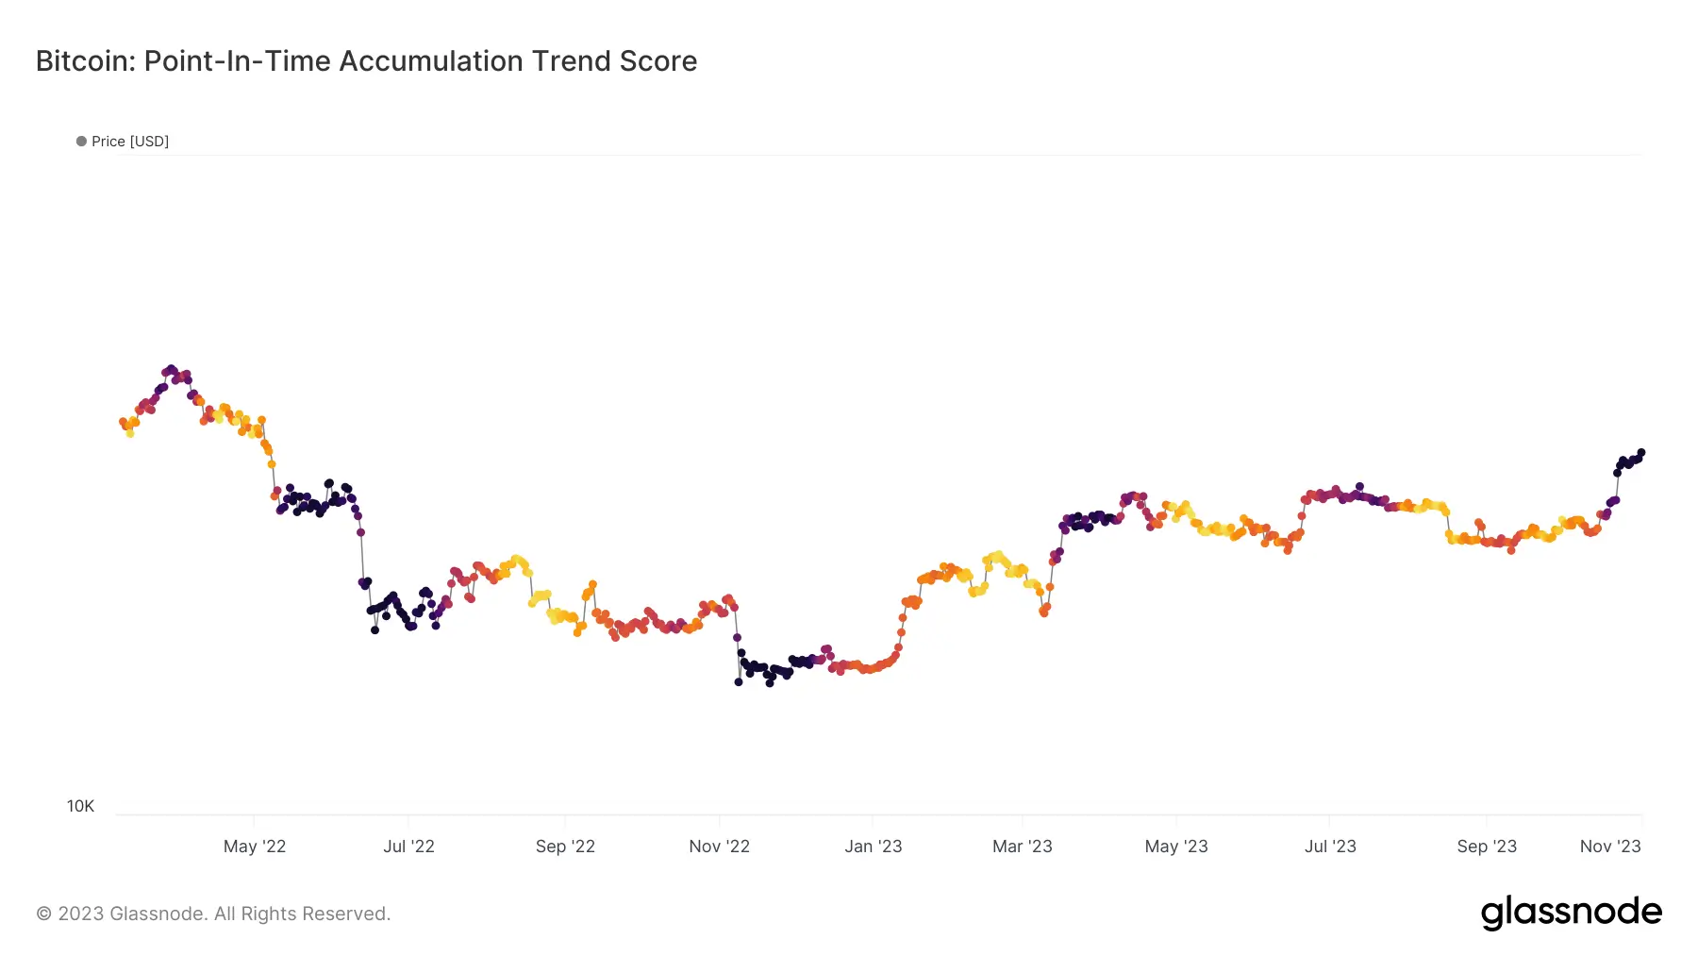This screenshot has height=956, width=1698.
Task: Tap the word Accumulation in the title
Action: (431, 61)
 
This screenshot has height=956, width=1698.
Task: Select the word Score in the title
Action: (658, 61)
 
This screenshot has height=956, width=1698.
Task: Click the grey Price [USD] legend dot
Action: (81, 142)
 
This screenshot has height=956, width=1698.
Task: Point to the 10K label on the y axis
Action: (80, 806)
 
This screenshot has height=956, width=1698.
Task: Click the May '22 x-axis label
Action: (255, 847)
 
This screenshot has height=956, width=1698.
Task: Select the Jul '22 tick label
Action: (408, 847)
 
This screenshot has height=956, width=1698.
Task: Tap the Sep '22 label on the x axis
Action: (565, 847)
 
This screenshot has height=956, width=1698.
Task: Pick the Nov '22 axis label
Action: (719, 847)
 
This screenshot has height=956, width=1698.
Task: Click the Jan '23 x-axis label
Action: (873, 847)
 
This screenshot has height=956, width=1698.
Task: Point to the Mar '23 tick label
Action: (1022, 847)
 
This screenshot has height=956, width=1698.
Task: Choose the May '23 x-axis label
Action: (1175, 847)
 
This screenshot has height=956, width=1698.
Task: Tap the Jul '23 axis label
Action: (1330, 847)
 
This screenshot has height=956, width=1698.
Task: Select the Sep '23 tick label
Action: (1487, 847)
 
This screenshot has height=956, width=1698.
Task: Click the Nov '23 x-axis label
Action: (1610, 847)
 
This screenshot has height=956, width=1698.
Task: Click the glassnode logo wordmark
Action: (1571, 912)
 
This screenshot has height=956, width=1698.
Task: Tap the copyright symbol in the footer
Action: (44, 914)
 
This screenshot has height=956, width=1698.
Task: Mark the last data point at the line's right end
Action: (1641, 453)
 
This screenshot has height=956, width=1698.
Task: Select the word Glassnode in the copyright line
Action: (158, 914)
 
